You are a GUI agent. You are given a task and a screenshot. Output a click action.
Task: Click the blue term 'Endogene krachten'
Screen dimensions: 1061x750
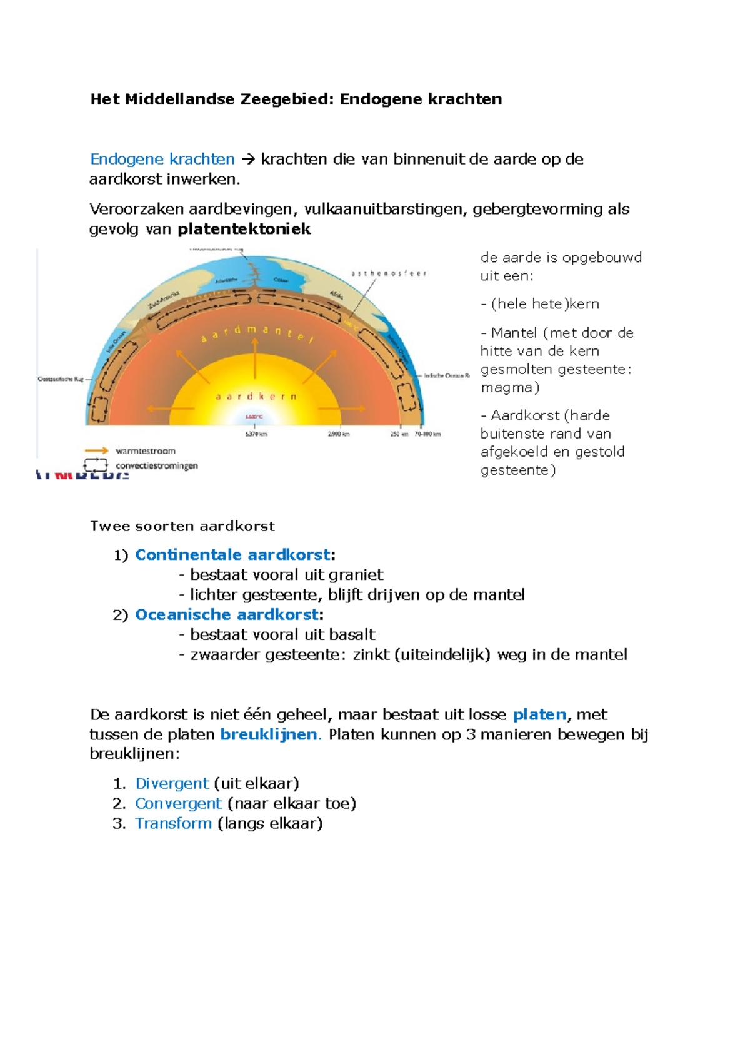tap(162, 160)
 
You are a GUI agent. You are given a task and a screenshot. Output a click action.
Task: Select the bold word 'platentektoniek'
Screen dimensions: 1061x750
tap(244, 230)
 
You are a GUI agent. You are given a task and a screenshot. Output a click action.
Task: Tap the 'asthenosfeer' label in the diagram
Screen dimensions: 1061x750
tap(388, 273)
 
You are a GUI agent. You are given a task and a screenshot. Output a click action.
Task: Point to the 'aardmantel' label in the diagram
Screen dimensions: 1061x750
tap(256, 332)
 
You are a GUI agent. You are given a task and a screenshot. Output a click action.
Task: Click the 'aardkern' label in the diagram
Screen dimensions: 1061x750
tap(256, 397)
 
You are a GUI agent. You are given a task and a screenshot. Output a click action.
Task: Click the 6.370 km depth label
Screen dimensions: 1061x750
tap(256, 434)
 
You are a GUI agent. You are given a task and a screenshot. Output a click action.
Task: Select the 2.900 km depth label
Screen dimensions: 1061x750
tap(339, 434)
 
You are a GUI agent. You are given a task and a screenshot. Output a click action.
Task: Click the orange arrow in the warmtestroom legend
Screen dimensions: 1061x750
tap(96, 450)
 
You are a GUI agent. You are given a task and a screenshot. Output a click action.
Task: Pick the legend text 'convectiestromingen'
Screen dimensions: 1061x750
tap(157, 466)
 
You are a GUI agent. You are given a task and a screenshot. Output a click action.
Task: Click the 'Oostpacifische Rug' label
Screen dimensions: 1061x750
tap(61, 379)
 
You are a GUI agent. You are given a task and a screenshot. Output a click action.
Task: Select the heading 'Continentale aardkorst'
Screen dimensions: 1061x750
tap(232, 555)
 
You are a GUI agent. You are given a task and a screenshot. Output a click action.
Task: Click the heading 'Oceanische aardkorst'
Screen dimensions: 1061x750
tap(227, 615)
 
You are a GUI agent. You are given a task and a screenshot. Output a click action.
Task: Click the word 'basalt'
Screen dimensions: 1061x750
tap(352, 635)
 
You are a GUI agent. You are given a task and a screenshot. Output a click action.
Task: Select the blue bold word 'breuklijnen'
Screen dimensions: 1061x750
tap(269, 734)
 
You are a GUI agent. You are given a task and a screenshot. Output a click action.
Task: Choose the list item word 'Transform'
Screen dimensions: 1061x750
tap(174, 824)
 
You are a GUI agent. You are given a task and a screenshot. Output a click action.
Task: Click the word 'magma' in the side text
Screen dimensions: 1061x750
tap(506, 388)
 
